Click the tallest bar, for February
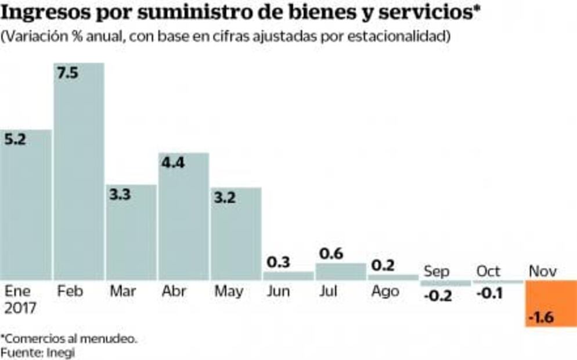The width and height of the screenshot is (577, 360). point(79,174)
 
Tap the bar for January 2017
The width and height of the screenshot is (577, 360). point(26,209)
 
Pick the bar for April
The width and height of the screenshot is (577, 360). point(183,221)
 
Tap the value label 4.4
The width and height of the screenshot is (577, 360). point(172,163)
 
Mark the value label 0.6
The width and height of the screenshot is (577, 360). point(331,253)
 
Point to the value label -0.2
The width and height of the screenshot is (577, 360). point(437,296)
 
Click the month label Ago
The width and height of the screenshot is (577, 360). point(384,291)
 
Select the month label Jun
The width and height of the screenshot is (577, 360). point(279,291)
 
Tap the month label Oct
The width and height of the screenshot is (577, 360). point(488,271)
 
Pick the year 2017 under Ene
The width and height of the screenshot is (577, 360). point(20,308)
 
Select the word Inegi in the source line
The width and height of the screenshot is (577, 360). point(62,352)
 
